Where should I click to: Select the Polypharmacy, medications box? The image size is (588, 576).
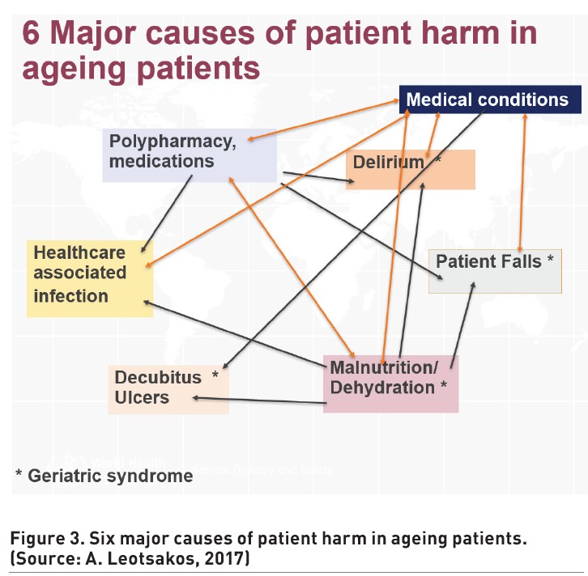point(190,154)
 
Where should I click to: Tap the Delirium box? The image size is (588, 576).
point(411,169)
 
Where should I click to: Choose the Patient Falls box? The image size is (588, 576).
point(494,271)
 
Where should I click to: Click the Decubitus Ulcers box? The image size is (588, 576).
point(168,388)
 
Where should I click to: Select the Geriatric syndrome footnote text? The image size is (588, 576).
point(104,475)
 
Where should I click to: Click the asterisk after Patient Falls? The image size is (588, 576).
point(550,260)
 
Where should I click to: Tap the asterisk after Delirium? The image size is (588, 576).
point(438,161)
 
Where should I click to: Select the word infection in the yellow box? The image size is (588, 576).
point(70,296)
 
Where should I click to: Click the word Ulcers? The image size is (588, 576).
point(142,397)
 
